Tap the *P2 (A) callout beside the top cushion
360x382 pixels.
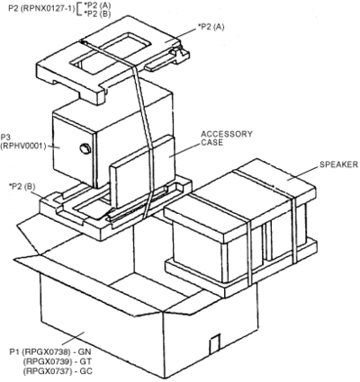pos(211,27)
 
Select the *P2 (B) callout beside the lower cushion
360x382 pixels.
pos(22,187)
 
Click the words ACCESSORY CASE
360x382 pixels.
pos(227,138)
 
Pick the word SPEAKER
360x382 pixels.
pos(338,164)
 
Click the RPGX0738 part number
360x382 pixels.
pos(47,351)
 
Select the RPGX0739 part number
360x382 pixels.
pos(47,361)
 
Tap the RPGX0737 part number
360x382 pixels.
pos(47,371)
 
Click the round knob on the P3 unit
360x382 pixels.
pos(85,148)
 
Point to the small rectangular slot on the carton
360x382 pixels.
pos(214,344)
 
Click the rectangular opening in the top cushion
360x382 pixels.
pos(111,51)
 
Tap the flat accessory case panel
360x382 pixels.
pos(142,172)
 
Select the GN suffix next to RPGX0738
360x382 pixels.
pos(85,351)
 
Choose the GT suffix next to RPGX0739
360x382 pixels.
pos(85,361)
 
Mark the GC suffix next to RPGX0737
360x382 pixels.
pos(85,371)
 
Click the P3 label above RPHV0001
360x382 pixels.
pos(5,138)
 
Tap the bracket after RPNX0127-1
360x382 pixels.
pos(77,9)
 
